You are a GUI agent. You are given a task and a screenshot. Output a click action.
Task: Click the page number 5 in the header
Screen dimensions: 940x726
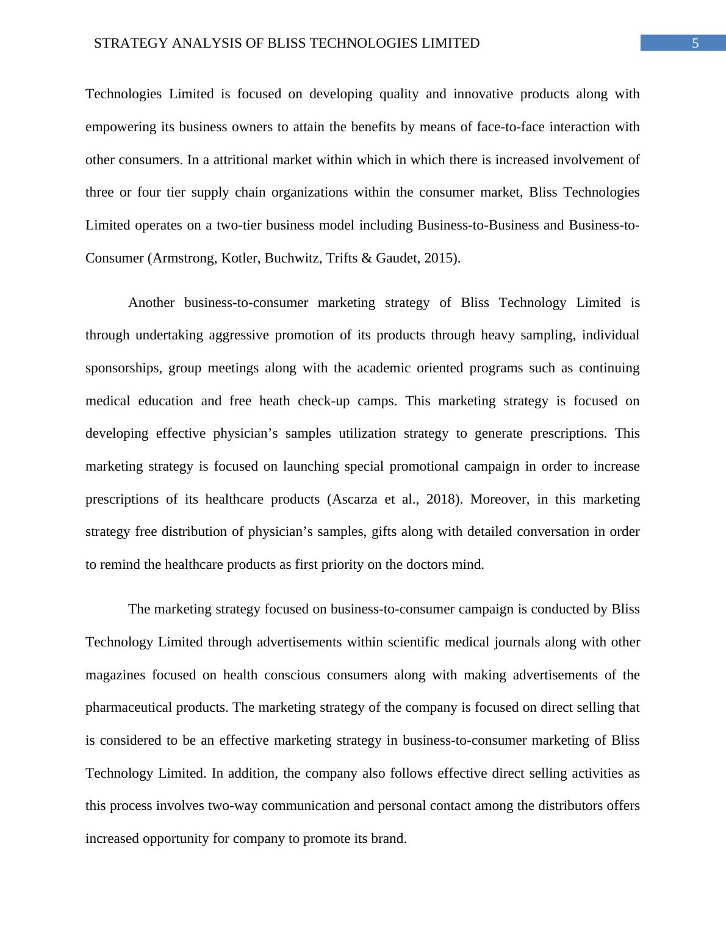[695, 43]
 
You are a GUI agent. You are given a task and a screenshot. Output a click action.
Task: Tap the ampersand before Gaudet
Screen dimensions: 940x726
[366, 258]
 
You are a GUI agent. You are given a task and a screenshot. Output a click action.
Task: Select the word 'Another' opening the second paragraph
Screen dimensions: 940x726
[151, 303]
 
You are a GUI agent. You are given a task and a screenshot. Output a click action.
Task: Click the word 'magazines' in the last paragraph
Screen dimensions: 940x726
[115, 675]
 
